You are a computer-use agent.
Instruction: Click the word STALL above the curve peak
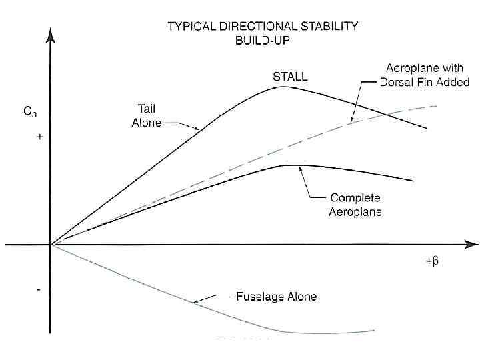[290, 77]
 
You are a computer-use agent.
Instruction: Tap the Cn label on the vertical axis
[31, 113]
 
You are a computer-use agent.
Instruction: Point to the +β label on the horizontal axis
[431, 261]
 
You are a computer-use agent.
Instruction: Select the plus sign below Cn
[40, 137]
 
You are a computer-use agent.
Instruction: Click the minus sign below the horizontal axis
[39, 290]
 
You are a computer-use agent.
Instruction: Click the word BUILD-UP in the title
[262, 40]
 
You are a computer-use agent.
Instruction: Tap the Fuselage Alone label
[277, 297]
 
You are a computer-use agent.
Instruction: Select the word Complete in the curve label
[355, 198]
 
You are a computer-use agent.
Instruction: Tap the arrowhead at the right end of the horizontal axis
[471, 245]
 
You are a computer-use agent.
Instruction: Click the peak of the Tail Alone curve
[283, 87]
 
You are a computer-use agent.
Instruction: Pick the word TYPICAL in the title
[191, 27]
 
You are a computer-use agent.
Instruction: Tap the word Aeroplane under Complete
[355, 211]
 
